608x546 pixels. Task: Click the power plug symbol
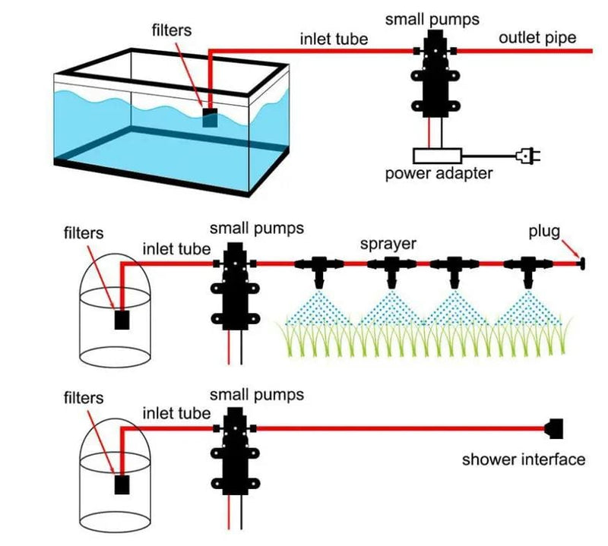(527, 156)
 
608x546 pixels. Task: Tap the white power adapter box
(438, 156)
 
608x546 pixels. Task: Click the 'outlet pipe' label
(537, 38)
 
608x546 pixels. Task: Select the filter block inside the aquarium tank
(211, 118)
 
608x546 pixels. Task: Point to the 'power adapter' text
(439, 173)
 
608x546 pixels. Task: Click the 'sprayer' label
(388, 244)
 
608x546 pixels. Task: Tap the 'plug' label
(544, 232)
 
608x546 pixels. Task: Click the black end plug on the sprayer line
(581, 264)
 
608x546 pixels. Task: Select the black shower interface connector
(554, 428)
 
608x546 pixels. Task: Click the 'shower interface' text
(524, 459)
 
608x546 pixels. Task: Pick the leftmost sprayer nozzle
(318, 272)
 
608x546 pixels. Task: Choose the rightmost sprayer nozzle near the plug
(528, 272)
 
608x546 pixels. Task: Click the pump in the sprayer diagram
(235, 287)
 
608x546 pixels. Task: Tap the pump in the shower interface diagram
(235, 451)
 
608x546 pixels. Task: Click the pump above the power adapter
(435, 74)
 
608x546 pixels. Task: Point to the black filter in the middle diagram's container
(122, 320)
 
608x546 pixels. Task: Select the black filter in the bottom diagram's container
(122, 484)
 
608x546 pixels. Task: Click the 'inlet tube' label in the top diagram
(334, 39)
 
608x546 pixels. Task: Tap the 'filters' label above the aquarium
(172, 30)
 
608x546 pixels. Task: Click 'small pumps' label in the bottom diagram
(257, 395)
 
